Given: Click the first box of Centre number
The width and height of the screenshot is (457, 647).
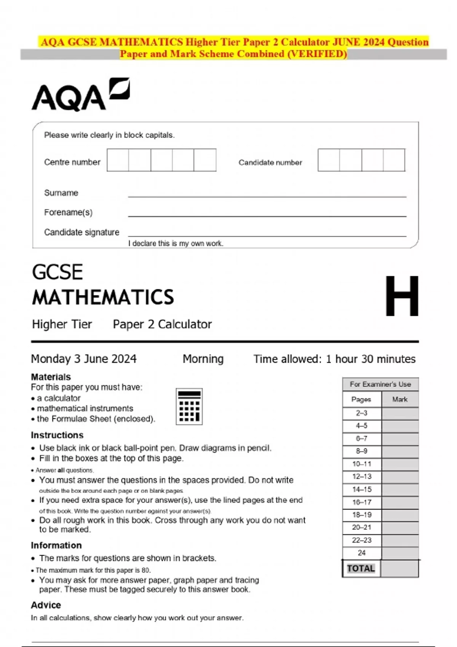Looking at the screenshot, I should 118,160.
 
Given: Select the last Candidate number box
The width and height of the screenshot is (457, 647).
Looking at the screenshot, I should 394,160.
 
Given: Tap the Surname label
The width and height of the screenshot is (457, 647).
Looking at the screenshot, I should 61,193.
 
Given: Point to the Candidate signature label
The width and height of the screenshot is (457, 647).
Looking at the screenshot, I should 81,232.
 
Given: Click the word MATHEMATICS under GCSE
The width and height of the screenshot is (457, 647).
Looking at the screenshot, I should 103,297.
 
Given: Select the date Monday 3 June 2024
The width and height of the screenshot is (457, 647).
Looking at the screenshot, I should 83,359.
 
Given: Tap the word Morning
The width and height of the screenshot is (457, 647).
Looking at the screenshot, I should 203,359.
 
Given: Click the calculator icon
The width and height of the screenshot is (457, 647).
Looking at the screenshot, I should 189,406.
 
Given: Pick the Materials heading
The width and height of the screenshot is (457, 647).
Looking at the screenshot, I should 51,377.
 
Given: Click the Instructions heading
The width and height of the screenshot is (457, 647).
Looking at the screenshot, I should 57,435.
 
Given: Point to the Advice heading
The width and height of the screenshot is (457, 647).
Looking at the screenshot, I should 46,605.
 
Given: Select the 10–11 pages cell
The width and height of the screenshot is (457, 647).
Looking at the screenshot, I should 361,464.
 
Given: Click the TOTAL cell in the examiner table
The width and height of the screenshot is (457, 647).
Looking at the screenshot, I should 361,569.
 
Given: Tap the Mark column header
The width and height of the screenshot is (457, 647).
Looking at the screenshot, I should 399,399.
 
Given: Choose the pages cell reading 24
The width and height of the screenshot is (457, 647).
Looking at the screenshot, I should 361,553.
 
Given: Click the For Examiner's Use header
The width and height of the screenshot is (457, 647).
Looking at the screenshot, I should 380,384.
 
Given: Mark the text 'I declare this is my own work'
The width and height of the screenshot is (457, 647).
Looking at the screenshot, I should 176,244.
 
